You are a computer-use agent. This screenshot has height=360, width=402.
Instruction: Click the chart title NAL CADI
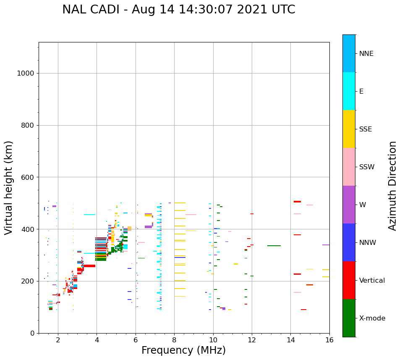click(x=178, y=10)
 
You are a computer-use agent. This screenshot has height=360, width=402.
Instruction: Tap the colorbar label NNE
click(x=366, y=54)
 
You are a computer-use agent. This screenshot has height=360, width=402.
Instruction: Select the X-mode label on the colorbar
click(x=372, y=318)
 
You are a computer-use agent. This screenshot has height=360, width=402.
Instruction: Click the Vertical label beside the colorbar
click(x=372, y=281)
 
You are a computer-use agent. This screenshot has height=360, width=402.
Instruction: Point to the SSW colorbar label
click(x=367, y=167)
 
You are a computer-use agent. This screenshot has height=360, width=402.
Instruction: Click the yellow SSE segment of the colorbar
click(x=349, y=129)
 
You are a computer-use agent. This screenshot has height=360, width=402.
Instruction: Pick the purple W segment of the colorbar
click(x=349, y=205)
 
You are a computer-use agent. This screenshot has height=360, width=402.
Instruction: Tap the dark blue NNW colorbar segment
click(x=349, y=242)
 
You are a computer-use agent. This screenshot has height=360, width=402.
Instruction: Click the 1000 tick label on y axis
click(x=25, y=74)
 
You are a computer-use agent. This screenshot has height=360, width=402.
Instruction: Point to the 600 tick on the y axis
click(x=27, y=177)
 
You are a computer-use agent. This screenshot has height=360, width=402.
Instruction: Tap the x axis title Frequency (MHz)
click(x=183, y=350)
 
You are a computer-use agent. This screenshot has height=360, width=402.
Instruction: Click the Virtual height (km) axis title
click(x=9, y=188)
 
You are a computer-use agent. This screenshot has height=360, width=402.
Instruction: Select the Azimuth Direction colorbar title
click(x=392, y=186)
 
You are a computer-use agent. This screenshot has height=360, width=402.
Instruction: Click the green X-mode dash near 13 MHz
click(x=274, y=246)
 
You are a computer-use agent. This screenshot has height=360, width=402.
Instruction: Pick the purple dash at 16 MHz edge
click(x=326, y=245)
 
